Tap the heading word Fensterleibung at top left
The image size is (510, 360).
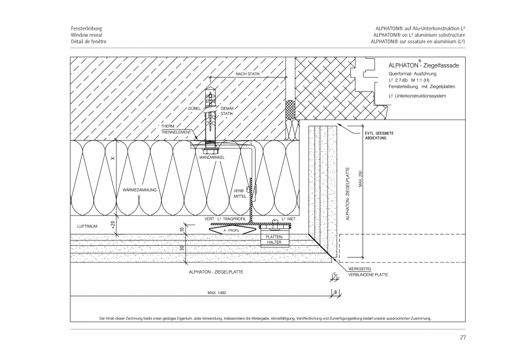tap(86, 28)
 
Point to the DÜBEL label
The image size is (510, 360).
tap(194, 109)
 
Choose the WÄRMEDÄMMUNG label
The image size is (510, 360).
tap(140, 189)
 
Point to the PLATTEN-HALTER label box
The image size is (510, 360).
tap(274, 239)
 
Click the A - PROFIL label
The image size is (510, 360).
tap(231, 229)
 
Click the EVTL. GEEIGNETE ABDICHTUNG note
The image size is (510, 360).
tap(379, 135)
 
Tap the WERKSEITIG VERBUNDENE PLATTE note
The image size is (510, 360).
tap(368, 271)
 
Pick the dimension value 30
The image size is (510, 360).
tap(182, 248)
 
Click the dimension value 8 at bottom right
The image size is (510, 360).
tap(336, 292)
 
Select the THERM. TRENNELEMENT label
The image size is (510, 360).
tap(176, 130)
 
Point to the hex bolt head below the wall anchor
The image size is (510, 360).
tap(211, 149)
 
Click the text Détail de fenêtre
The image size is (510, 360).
tap(89, 42)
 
